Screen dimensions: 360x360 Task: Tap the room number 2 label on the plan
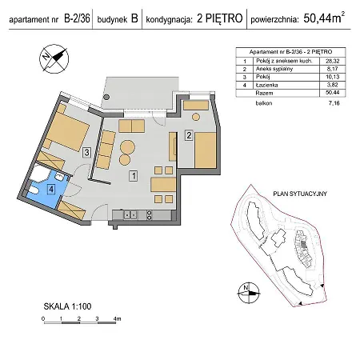(x=188, y=135)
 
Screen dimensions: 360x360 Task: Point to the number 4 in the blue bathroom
(x=50, y=190)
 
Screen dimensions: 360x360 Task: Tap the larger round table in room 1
(x=128, y=149)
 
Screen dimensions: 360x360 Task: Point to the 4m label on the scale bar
(x=117, y=319)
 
